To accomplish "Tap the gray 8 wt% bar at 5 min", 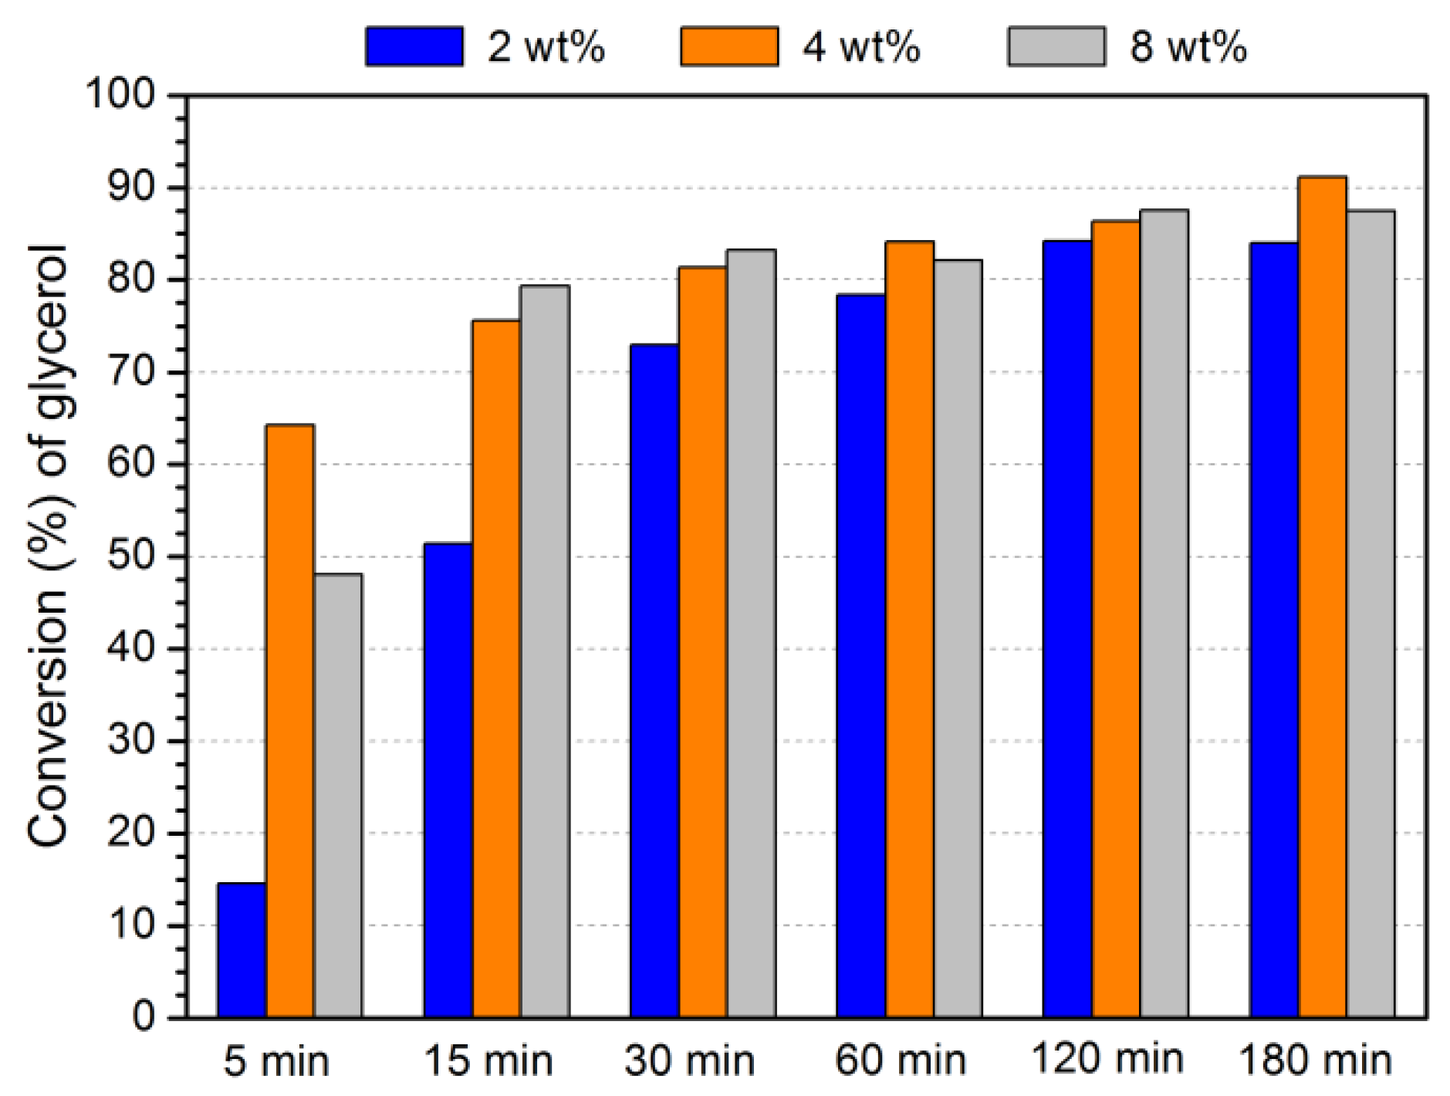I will (x=338, y=795).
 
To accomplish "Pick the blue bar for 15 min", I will (x=448, y=780).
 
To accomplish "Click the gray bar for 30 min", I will (x=751, y=633).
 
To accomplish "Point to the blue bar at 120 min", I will (x=1067, y=628).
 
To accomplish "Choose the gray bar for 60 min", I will (x=958, y=638).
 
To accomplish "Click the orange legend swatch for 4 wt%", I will (x=728, y=46).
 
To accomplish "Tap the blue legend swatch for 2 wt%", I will (x=414, y=46).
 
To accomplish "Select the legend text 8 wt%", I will (x=1188, y=46).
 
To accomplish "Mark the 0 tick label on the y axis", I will (x=144, y=1017).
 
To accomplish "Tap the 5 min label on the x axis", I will (x=276, y=1060).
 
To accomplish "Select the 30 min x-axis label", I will (x=689, y=1060).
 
